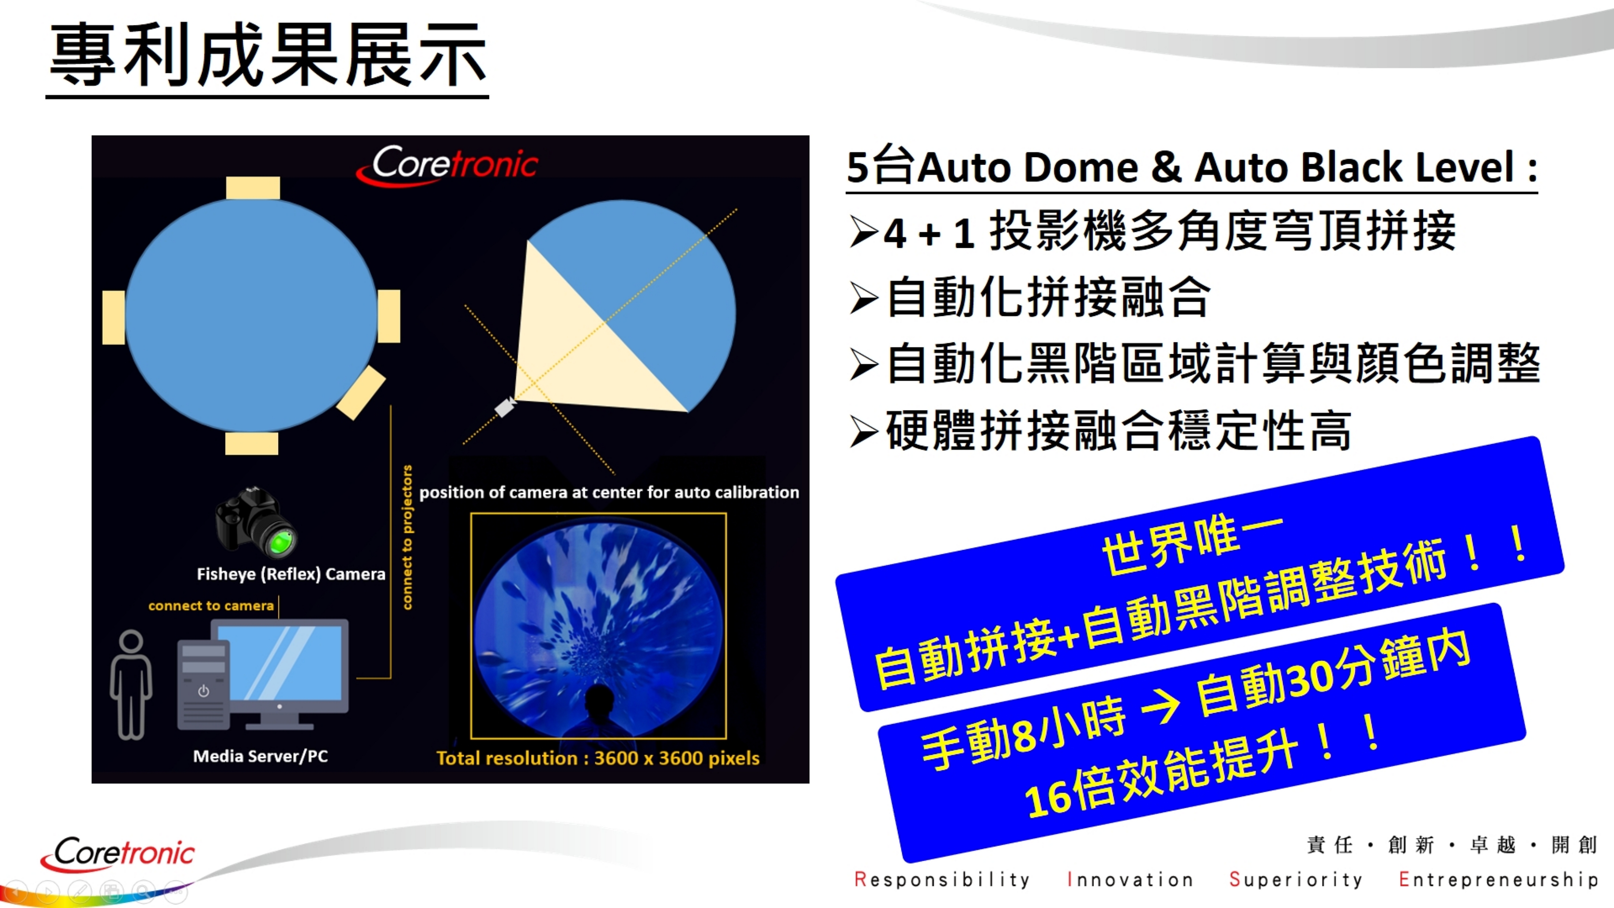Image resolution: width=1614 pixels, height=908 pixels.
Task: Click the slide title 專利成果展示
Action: [x=267, y=55]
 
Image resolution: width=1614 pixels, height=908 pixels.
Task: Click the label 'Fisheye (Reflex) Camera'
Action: [x=291, y=574]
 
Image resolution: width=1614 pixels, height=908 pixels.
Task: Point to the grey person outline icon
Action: [x=131, y=684]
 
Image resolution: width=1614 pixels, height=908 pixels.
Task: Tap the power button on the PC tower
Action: [x=203, y=691]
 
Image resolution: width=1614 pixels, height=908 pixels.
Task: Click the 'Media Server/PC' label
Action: [x=260, y=756]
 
